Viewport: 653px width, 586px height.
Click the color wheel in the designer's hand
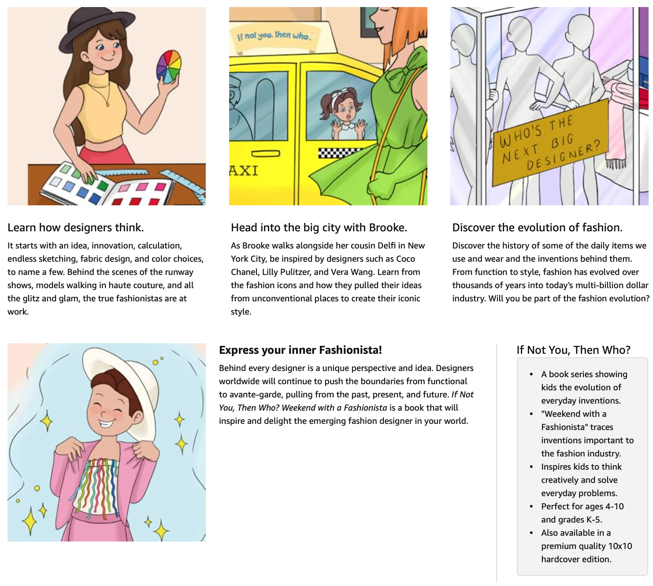169,67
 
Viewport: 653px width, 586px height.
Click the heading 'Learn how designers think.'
76,227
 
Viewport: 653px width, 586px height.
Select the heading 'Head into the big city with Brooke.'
319,227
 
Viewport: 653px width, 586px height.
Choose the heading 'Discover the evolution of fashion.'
537,227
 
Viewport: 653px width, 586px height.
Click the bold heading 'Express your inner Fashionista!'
300,350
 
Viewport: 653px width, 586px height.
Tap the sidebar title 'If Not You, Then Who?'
573,350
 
